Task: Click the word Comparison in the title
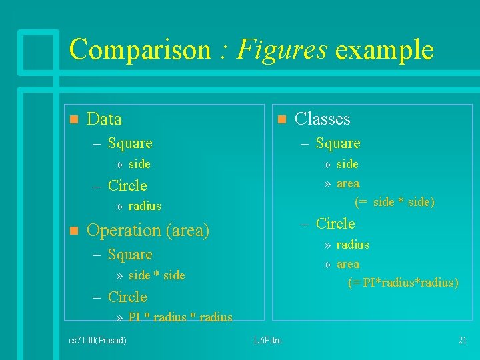pos(140,50)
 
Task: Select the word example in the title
pos(385,50)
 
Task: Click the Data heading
pos(105,119)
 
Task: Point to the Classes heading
pos(322,119)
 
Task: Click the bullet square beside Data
pos(73,119)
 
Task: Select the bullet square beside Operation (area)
pos(73,231)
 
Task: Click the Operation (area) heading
pos(148,231)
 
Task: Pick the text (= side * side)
pos(395,202)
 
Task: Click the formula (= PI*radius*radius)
pos(403,283)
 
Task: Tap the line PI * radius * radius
pos(180,317)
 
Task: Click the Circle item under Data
pos(127,185)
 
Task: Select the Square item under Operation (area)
pos(130,255)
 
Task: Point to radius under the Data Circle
pos(145,206)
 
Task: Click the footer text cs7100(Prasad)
pos(98,341)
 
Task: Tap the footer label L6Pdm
pos(268,341)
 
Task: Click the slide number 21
pos(462,341)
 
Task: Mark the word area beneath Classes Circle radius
pos(348,264)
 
